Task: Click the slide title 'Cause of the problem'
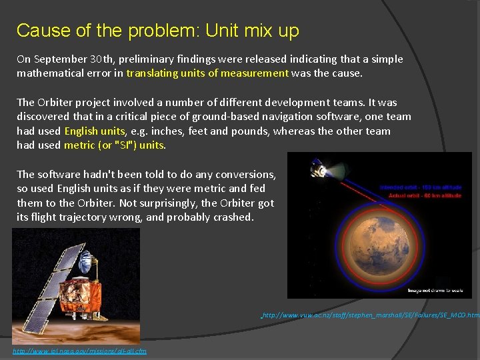(157, 31)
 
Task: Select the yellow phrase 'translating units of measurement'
(207, 73)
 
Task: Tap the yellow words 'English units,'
(94, 131)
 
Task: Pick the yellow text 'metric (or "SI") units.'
(115, 145)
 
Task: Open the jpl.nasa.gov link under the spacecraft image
(79, 351)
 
